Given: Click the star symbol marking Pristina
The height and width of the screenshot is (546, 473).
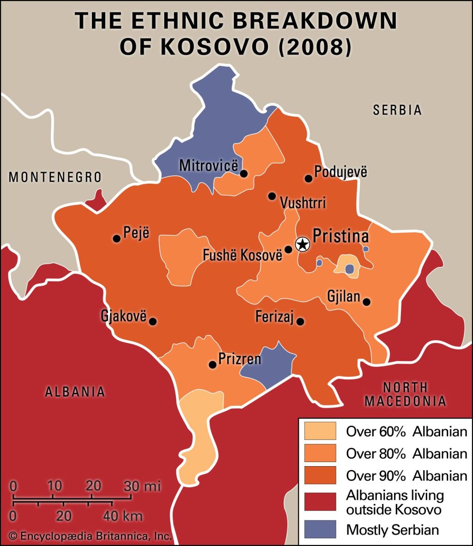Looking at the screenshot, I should pyautogui.click(x=302, y=244).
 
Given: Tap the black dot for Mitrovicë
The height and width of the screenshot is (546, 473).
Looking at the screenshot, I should pyautogui.click(x=244, y=174).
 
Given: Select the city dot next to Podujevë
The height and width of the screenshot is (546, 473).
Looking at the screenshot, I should pyautogui.click(x=308, y=179).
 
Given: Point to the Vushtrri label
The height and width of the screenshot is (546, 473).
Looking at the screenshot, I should pyautogui.click(x=303, y=203).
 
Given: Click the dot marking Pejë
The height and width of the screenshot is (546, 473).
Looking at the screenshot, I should pyautogui.click(x=117, y=239).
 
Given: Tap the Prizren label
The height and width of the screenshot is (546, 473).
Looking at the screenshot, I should pyautogui.click(x=240, y=359).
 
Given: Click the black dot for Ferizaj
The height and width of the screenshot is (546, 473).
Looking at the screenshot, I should pyautogui.click(x=300, y=322).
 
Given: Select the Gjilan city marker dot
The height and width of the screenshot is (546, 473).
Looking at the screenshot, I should pyautogui.click(x=366, y=302).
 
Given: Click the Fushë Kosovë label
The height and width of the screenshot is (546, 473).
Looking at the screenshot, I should pyautogui.click(x=242, y=255).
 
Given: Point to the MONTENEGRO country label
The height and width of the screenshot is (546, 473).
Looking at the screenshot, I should pyautogui.click(x=55, y=177).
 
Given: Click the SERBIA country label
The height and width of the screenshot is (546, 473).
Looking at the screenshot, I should pyautogui.click(x=398, y=110).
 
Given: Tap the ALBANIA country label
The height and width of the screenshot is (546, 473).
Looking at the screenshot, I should pyautogui.click(x=75, y=392).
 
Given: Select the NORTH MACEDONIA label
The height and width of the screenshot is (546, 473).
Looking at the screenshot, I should pyautogui.click(x=405, y=394).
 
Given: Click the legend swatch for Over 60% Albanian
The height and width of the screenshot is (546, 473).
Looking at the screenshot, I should pyautogui.click(x=320, y=432).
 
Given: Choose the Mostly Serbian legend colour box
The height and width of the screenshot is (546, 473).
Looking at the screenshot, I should pyautogui.click(x=320, y=529).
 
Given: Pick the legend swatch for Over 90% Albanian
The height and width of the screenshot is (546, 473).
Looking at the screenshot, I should pyautogui.click(x=320, y=475).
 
